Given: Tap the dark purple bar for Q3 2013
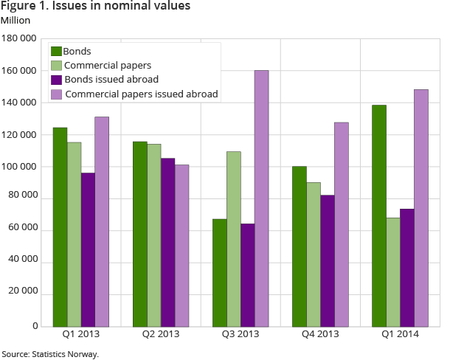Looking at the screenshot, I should [247, 274].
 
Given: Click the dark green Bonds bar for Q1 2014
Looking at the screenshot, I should [378, 215].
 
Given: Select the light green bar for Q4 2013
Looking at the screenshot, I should [313, 254].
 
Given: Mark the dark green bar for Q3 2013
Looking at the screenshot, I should [219, 272].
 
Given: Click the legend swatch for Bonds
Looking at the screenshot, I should [56, 52].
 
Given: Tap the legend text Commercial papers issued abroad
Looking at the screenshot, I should [142, 94].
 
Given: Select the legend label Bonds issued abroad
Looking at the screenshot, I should [111, 80].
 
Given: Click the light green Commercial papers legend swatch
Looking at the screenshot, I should [56, 66].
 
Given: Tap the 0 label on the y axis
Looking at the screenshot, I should [34, 326].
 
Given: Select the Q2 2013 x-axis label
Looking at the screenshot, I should [160, 334].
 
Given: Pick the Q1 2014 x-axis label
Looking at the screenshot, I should [399, 334].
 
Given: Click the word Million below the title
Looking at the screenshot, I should [15, 20].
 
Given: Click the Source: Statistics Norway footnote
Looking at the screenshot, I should [50, 354].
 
